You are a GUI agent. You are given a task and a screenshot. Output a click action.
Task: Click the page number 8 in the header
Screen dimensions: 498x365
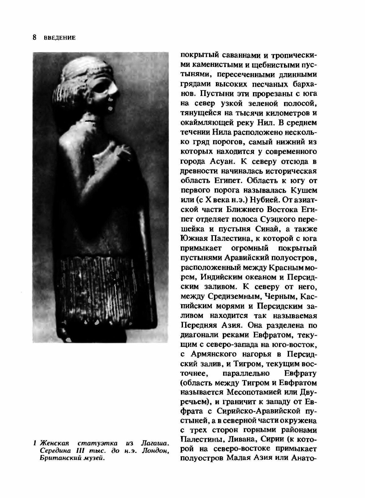[x=34, y=37]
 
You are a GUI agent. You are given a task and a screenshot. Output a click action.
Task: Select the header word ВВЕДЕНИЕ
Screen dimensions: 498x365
[x=60, y=38]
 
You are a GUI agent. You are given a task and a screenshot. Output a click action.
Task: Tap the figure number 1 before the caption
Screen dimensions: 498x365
[x=34, y=443]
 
